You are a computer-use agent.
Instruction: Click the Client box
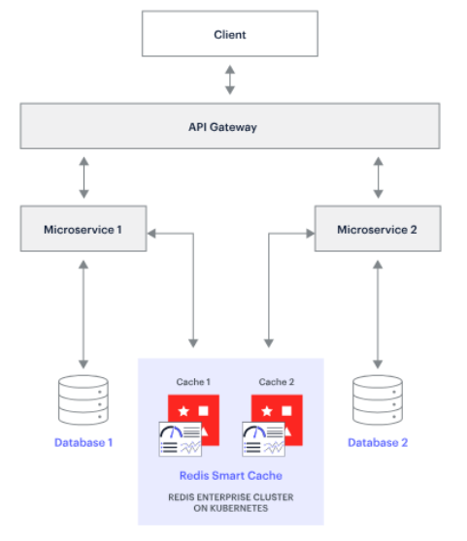230,34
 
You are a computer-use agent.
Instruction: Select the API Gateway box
230,126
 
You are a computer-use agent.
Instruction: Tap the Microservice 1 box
83,229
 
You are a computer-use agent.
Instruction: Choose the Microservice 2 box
378,229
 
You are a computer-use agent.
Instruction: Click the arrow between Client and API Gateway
230,80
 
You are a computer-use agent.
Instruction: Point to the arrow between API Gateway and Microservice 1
83,177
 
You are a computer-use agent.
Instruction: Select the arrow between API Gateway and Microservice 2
379,177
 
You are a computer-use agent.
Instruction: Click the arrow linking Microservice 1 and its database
83,314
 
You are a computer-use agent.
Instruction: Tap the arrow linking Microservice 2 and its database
378,314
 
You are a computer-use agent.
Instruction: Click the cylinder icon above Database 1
83,400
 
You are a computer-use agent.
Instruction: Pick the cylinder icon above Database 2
378,400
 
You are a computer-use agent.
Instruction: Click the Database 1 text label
83,443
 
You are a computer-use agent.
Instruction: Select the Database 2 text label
378,443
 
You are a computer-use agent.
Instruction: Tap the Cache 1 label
193,382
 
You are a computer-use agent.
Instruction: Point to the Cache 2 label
277,382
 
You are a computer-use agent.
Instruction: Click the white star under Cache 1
183,411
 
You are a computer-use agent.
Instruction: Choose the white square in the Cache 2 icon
286,410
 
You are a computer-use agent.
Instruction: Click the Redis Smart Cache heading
231,476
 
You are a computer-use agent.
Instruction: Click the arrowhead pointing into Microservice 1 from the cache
151,234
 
